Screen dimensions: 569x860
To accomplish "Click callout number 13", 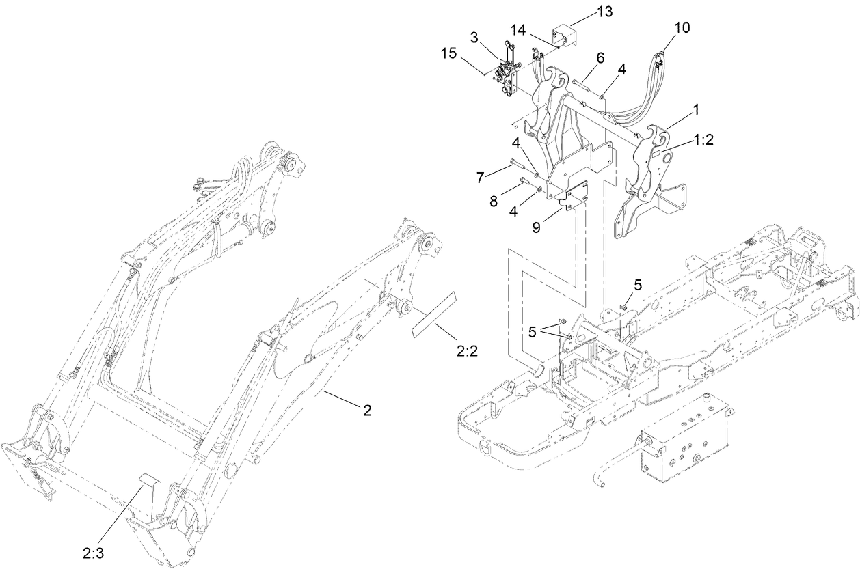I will click(x=585, y=12).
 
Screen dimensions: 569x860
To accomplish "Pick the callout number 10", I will click(x=682, y=27).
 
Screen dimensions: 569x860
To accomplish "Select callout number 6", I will click(x=599, y=58).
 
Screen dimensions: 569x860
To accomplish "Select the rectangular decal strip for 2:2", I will click(x=432, y=314).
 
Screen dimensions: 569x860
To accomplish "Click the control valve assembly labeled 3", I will click(x=507, y=72).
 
